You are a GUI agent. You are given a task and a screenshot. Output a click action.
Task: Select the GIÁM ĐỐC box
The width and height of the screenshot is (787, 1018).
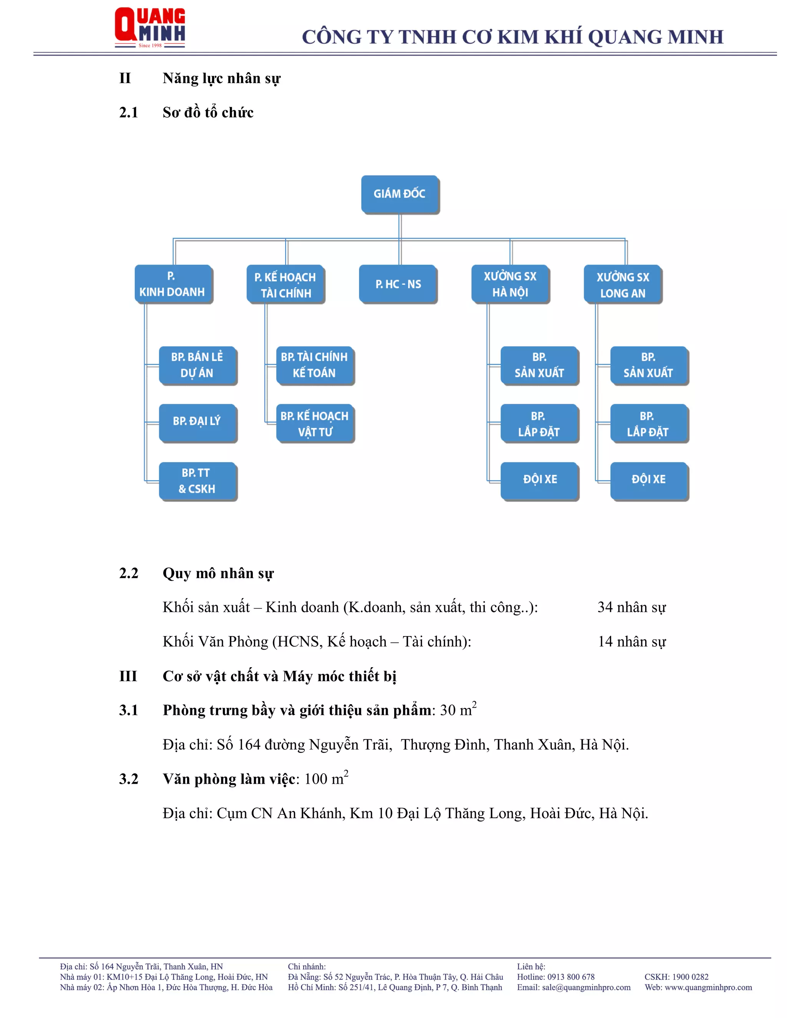[400, 194]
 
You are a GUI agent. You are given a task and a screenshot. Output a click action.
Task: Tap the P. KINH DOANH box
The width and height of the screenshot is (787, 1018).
[173, 284]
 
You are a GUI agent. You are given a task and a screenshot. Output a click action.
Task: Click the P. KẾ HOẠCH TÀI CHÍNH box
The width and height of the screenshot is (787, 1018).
[286, 284]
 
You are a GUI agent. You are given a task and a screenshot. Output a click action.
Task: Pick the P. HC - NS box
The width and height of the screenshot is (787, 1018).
[398, 284]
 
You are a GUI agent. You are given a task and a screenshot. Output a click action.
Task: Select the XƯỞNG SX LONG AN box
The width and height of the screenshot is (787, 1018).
[623, 284]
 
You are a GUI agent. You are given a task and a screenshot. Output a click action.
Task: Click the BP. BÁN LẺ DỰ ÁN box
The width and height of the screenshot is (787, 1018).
[197, 365]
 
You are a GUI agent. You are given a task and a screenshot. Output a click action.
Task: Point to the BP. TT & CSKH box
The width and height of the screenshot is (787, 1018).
[197, 481]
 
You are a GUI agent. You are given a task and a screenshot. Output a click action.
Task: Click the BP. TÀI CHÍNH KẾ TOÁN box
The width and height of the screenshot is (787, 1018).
[315, 365]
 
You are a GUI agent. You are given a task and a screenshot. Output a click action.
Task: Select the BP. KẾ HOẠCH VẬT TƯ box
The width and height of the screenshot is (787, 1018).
[315, 423]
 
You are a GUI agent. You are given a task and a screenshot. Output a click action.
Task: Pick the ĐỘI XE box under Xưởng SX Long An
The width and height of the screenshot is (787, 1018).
[649, 480]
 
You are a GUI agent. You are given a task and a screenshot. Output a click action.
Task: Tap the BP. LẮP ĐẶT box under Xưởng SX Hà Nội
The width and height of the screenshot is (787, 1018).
[539, 423]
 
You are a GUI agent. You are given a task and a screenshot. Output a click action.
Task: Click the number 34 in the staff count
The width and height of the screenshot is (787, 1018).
[605, 607]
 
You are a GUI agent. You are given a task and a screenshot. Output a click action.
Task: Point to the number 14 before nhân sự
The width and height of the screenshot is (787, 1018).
[605, 642]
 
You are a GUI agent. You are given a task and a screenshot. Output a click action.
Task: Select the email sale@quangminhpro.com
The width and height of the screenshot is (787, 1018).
[586, 987]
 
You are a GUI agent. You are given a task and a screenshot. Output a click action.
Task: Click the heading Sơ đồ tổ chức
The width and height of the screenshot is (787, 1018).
[208, 113]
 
